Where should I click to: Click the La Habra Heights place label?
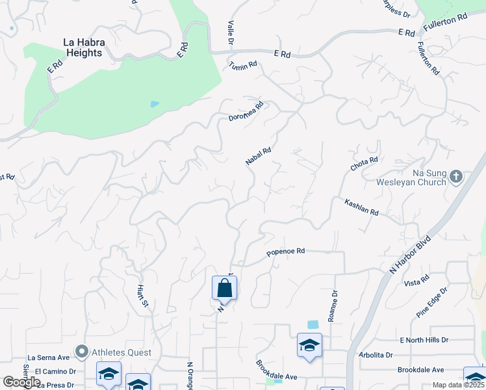click(x=83, y=47)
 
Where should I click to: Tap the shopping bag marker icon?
click(x=224, y=287)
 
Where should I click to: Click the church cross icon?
click(x=456, y=176)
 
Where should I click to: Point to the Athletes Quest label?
click(x=121, y=352)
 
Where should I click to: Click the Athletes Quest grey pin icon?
click(x=81, y=352)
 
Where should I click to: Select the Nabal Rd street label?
click(x=258, y=156)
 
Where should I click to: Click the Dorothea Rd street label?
click(x=246, y=111)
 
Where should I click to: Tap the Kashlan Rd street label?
click(x=361, y=208)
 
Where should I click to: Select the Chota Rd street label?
click(x=364, y=163)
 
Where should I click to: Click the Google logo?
click(x=21, y=382)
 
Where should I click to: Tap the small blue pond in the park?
click(x=154, y=103)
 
